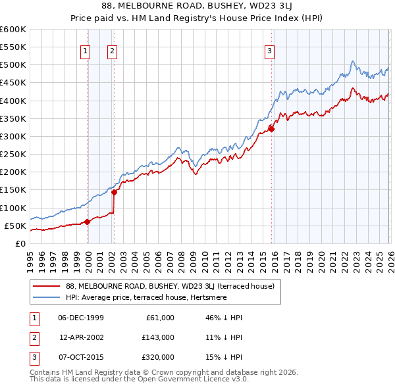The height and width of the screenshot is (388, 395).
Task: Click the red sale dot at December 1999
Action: tap(87, 222)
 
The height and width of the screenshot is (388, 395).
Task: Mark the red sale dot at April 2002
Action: tap(114, 192)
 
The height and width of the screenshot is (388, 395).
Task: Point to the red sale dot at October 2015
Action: tap(271, 129)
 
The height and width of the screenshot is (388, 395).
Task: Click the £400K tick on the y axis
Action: tap(13, 101)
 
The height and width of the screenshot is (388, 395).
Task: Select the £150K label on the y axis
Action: tap(13, 190)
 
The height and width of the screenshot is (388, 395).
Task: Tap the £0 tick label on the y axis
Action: tap(21, 243)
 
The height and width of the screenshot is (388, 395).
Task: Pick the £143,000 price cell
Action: tap(159, 337)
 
